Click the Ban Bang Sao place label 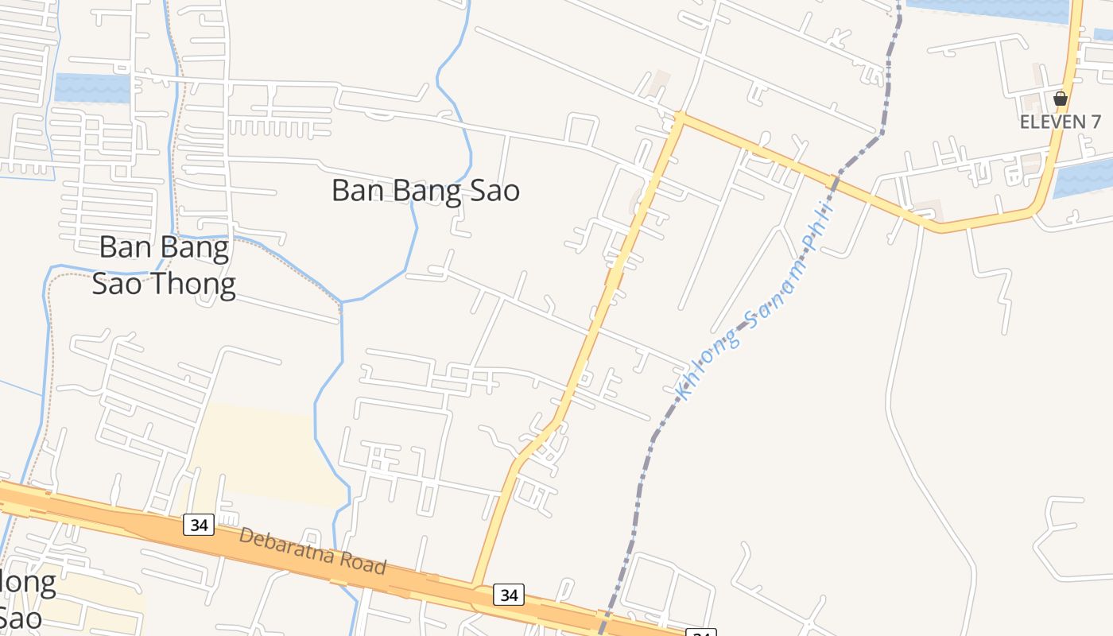tap(425, 191)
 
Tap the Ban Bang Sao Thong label tap(164, 266)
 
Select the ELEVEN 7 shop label tap(1061, 122)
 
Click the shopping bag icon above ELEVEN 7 tap(1060, 99)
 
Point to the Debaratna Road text tap(312, 551)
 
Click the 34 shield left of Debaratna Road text tap(199, 525)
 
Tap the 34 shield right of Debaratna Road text tap(509, 594)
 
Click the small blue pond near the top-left tap(92, 87)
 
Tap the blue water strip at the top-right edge tap(990, 8)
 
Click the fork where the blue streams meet tap(342, 302)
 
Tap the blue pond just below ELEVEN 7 tap(1084, 176)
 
